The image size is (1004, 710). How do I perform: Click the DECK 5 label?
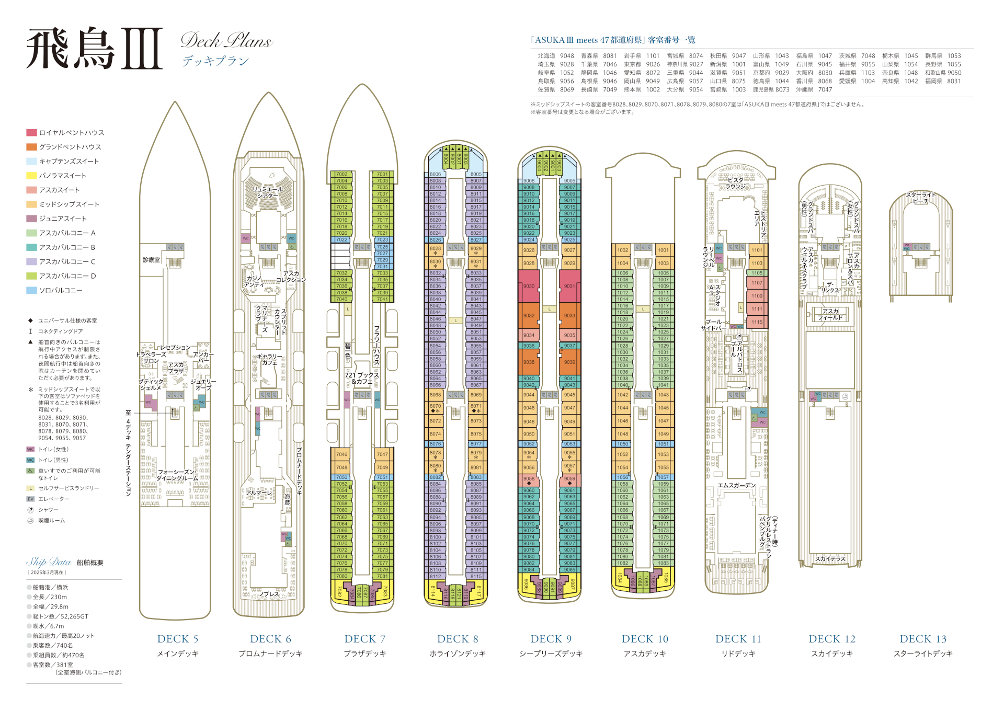(x=177, y=639)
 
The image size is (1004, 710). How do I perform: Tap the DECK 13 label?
(x=923, y=639)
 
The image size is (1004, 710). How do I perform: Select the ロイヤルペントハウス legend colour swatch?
(x=31, y=133)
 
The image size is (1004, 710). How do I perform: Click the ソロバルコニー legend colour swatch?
(x=31, y=290)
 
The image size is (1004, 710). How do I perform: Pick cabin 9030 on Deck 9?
(x=529, y=286)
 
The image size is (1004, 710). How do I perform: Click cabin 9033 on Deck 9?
(x=569, y=315)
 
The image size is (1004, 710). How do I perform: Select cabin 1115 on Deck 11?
(x=757, y=322)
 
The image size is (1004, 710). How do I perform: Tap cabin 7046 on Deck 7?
(x=341, y=454)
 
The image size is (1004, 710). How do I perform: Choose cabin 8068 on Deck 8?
(x=435, y=395)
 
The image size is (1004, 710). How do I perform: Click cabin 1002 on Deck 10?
(x=622, y=250)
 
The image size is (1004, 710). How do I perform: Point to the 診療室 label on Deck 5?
(x=151, y=260)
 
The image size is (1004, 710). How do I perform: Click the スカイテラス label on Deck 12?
(x=830, y=559)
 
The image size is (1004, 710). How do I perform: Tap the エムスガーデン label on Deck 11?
(x=736, y=486)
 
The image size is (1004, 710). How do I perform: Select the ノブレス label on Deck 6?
(x=269, y=594)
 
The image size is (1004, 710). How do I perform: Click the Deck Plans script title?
(x=226, y=41)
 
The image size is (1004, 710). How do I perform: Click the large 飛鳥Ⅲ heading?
(x=94, y=49)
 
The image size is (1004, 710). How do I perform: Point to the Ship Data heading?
(x=49, y=562)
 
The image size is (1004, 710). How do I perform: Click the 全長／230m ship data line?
(x=50, y=597)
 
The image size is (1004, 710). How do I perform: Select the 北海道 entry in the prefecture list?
(x=546, y=56)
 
